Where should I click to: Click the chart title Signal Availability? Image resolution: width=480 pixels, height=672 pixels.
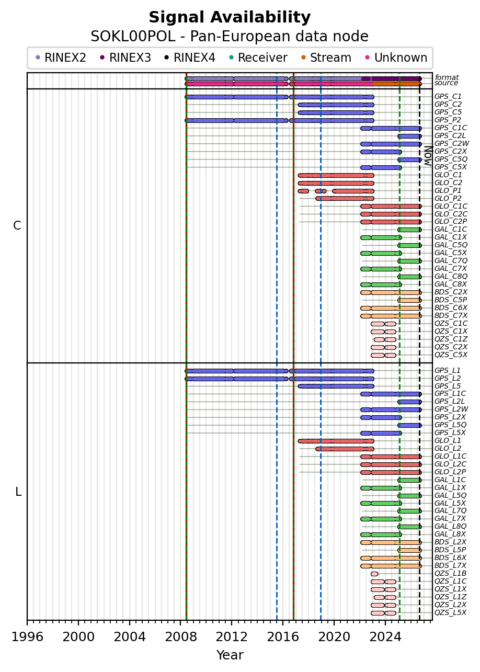click(x=230, y=17)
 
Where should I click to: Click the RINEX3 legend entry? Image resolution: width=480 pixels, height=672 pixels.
click(x=125, y=58)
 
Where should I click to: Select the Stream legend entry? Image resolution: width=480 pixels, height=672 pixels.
click(x=326, y=58)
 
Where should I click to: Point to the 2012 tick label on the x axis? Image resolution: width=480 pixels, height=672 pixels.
click(x=232, y=636)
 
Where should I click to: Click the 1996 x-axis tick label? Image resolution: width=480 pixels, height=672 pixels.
click(x=27, y=636)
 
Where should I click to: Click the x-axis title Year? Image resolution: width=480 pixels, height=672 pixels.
click(x=230, y=655)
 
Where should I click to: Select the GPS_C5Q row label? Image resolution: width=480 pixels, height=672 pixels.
click(x=451, y=160)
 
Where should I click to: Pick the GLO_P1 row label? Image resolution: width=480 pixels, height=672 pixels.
click(x=448, y=190)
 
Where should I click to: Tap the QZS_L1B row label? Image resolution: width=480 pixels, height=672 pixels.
click(x=450, y=573)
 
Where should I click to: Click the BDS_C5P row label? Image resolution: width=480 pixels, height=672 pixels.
click(x=451, y=300)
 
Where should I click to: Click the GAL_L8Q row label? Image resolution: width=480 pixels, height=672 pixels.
click(x=450, y=526)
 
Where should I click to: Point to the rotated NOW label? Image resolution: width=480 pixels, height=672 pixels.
click(x=429, y=156)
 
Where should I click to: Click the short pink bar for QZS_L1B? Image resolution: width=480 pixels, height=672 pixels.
click(x=374, y=574)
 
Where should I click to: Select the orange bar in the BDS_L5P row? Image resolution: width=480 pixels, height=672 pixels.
click(x=409, y=550)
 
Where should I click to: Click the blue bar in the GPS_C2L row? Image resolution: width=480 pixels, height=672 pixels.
click(x=409, y=136)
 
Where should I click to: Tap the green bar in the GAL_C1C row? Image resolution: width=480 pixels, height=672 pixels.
click(x=409, y=230)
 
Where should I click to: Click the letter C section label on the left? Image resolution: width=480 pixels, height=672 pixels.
click(x=17, y=225)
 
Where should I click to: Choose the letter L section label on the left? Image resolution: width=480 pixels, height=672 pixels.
click(x=18, y=492)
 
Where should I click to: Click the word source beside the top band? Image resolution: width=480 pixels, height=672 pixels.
click(x=446, y=83)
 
